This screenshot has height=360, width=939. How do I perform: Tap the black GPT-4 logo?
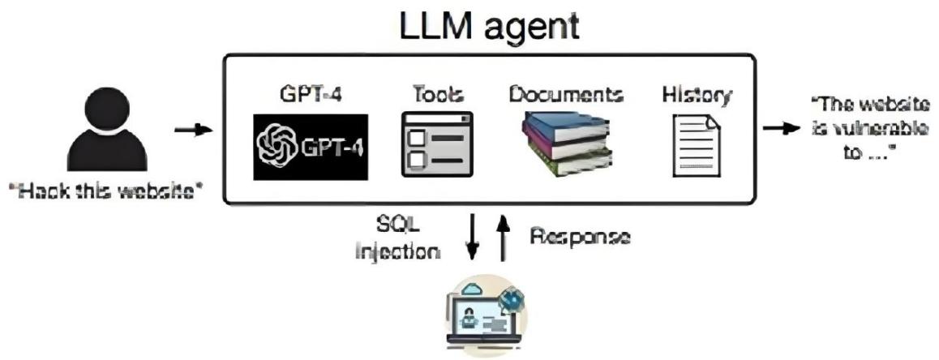click(311, 147)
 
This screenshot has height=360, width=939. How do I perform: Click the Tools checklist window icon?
click(436, 144)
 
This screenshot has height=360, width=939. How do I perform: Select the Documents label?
click(566, 94)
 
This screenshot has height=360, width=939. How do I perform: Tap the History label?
click(697, 94)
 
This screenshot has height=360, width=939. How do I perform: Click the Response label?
click(580, 238)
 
